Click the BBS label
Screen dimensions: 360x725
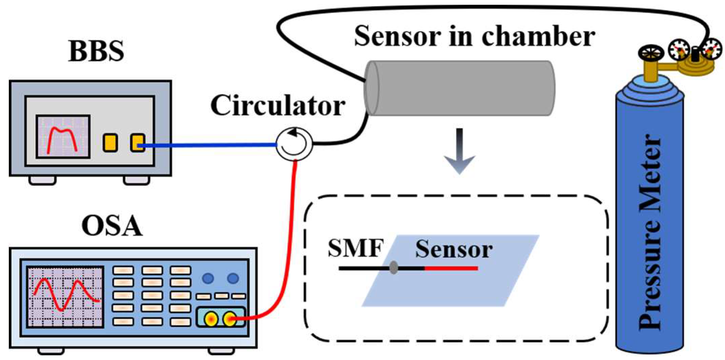coord(96,51)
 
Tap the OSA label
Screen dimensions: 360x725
coord(112,226)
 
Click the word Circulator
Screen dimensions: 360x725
coord(277,106)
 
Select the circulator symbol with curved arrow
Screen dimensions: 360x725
coord(294,144)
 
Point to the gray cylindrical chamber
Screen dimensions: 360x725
coord(459,88)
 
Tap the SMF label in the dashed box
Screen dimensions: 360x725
coord(356,248)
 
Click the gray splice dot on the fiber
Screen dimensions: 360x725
coord(393,268)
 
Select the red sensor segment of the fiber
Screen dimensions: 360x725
coord(451,268)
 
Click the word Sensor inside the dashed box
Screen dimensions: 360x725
coord(454,250)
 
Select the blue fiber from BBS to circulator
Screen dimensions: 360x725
coord(210,145)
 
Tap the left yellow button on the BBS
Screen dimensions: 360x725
coord(110,143)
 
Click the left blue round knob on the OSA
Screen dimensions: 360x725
coord(208,278)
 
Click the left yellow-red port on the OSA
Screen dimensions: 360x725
coord(211,319)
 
